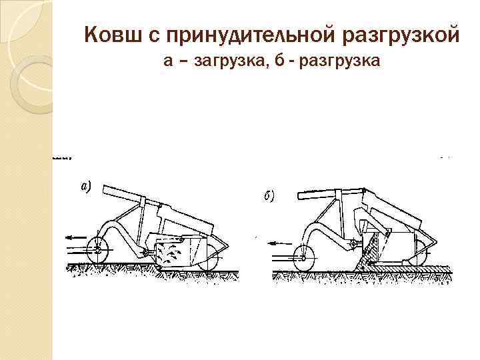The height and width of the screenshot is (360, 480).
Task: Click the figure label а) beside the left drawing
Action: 86,187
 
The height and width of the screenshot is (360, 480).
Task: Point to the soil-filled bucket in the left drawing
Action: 175,253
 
